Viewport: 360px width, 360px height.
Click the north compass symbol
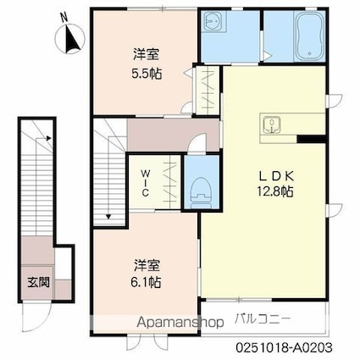pyautogui.click(x=70, y=39)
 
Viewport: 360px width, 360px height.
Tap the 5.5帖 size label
pyautogui.click(x=147, y=74)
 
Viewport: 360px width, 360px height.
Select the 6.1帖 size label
pyautogui.click(x=146, y=281)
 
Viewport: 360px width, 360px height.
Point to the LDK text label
pyautogui.click(x=277, y=176)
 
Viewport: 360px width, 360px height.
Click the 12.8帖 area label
pyautogui.click(x=274, y=191)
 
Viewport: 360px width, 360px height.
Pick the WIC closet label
pyautogui.click(x=146, y=183)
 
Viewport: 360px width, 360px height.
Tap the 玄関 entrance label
pyautogui.click(x=38, y=282)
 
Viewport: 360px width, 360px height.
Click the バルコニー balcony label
pyautogui.click(x=263, y=319)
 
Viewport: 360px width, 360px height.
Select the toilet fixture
pyautogui.click(x=202, y=192)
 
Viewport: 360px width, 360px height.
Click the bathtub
pyautogui.click(x=309, y=36)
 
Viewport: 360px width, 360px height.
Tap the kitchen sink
pyautogui.click(x=272, y=125)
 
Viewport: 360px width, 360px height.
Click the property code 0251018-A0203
pyautogui.click(x=284, y=347)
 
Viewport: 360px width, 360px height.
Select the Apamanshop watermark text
pyautogui.click(x=180, y=322)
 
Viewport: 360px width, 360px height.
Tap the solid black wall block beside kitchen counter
pyautogui.click(x=311, y=139)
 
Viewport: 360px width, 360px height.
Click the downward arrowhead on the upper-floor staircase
pyautogui.click(x=108, y=217)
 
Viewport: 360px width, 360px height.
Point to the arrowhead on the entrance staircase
pyautogui.click(x=48, y=138)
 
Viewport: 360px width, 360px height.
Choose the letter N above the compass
pyautogui.click(x=65, y=19)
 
